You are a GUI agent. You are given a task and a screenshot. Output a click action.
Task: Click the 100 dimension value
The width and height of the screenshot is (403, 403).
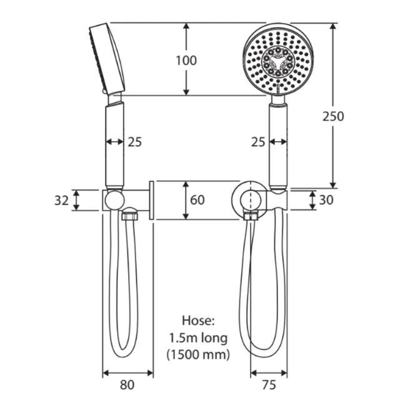point(186,61)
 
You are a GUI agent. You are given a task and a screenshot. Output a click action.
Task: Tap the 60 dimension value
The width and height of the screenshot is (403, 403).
point(197,201)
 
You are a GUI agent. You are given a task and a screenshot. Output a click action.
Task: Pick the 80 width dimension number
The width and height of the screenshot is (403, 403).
point(127,385)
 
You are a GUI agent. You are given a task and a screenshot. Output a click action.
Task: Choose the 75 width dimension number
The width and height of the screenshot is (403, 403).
point(269,385)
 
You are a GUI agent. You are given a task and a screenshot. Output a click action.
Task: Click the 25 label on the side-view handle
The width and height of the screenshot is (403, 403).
point(134,142)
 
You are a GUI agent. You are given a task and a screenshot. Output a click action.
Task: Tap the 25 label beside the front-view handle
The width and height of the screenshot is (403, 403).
point(257,142)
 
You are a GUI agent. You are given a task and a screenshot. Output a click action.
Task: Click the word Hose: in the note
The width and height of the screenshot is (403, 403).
point(197,321)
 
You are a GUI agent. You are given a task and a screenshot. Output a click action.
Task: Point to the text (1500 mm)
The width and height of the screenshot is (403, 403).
point(197,355)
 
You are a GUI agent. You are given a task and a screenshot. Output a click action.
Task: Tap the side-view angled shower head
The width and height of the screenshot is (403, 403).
point(106,57)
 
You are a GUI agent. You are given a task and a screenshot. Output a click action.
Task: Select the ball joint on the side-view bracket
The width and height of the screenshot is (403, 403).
point(114,200)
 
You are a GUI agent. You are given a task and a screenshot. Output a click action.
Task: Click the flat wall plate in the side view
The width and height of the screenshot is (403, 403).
point(152,200)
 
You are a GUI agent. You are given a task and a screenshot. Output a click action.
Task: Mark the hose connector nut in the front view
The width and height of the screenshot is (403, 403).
point(252,217)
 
